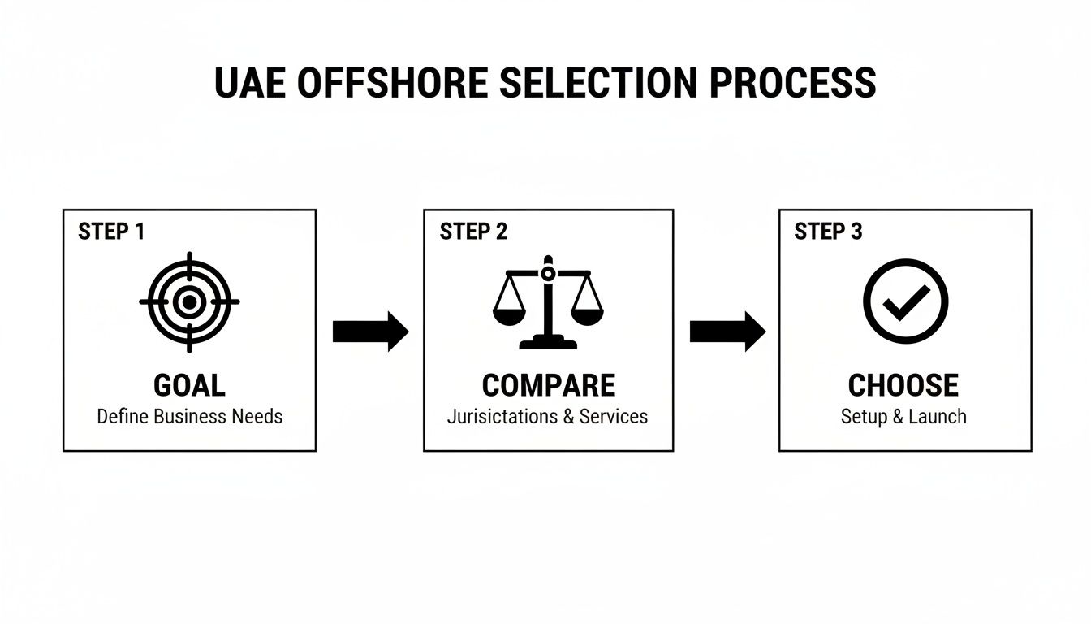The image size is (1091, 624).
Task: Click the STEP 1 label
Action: point(111,232)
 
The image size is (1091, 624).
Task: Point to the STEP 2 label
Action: point(473,232)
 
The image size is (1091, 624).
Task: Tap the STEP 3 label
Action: point(828,232)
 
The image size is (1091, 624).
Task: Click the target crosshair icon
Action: point(189,302)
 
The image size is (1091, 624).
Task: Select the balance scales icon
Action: point(548,302)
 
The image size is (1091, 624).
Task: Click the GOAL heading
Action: point(189,385)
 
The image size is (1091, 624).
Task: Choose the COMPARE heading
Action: point(548,385)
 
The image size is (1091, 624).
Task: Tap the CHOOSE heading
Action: point(903,385)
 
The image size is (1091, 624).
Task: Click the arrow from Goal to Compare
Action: point(370,331)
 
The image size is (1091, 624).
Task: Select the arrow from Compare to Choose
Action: point(727,331)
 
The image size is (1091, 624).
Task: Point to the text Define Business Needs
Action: point(190,417)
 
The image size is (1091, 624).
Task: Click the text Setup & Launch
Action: point(903,417)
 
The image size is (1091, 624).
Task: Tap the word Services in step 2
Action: point(614,417)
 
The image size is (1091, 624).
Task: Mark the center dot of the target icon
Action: point(189,302)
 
